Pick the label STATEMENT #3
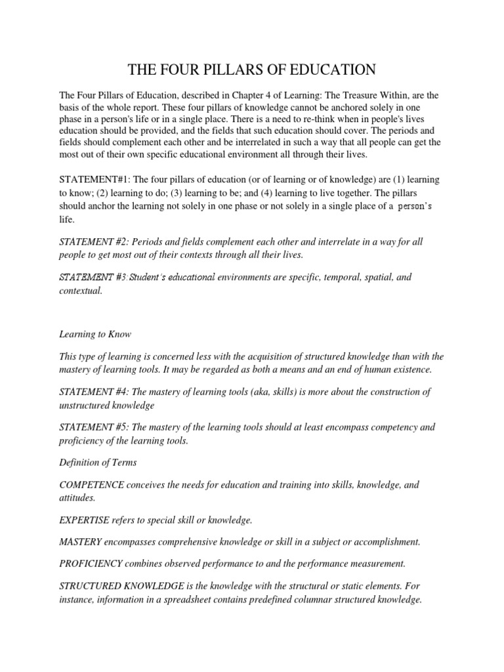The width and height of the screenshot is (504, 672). click(92, 277)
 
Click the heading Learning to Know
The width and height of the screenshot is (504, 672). click(95, 334)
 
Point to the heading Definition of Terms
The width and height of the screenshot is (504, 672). click(98, 462)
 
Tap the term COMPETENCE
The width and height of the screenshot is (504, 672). click(92, 485)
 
